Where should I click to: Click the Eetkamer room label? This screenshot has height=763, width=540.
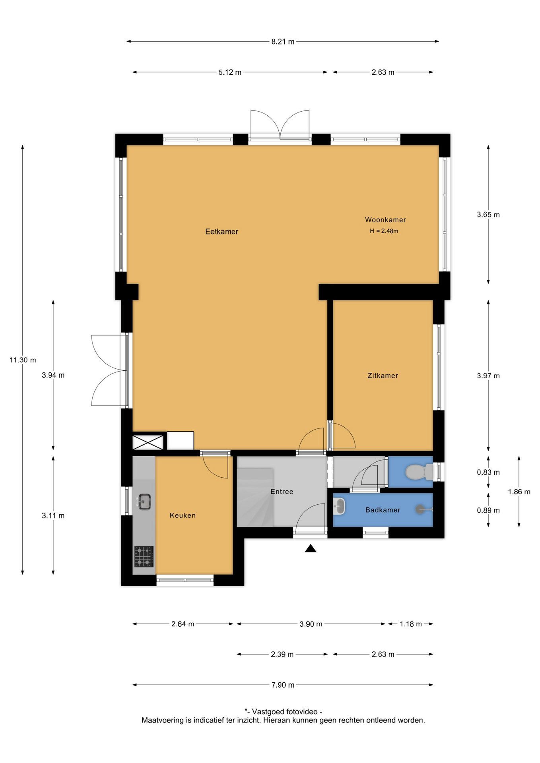(x=221, y=232)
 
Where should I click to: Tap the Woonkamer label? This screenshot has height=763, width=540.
(x=385, y=220)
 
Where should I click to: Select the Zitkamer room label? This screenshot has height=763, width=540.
(x=383, y=376)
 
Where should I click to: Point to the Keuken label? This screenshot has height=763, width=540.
(x=183, y=515)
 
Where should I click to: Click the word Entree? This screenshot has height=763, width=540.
(x=282, y=492)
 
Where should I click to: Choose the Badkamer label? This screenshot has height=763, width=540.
(x=383, y=510)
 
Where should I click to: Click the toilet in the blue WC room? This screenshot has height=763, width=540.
(x=419, y=472)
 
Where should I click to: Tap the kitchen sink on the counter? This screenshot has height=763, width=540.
(x=144, y=502)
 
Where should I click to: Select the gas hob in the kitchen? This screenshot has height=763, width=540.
(x=144, y=556)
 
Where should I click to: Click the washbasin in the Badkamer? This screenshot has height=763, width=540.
(x=339, y=507)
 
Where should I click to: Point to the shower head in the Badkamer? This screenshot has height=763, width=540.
(x=420, y=509)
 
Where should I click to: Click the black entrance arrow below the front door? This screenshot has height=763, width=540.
(x=311, y=548)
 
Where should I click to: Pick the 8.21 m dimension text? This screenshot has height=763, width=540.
(x=283, y=42)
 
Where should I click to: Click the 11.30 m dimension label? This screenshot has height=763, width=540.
(x=23, y=360)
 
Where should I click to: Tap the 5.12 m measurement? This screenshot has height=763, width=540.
(x=230, y=72)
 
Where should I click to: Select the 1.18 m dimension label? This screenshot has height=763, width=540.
(x=410, y=624)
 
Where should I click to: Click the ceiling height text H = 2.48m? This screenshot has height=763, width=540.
(x=384, y=231)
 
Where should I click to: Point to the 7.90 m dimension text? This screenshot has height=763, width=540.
(x=283, y=685)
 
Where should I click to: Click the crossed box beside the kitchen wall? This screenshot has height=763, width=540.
(x=148, y=442)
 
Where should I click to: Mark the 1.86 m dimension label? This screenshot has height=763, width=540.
(x=519, y=492)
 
